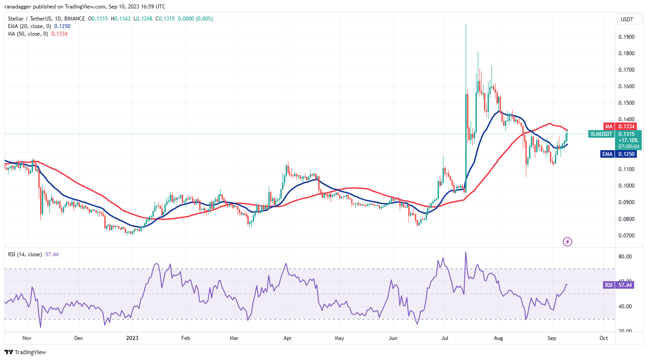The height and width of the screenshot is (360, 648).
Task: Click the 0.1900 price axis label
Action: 627,37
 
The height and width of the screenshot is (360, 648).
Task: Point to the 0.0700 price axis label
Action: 627,235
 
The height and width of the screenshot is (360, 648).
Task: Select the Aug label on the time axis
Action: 499,338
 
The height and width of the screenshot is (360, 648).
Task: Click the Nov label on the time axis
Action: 26,338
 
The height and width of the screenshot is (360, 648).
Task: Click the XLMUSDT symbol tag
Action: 601,134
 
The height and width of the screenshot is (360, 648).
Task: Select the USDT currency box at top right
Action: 627,19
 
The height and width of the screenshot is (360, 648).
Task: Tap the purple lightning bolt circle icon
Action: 567,242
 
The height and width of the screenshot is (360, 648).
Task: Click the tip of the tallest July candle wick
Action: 466,24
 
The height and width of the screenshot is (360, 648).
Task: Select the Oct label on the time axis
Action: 603,338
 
